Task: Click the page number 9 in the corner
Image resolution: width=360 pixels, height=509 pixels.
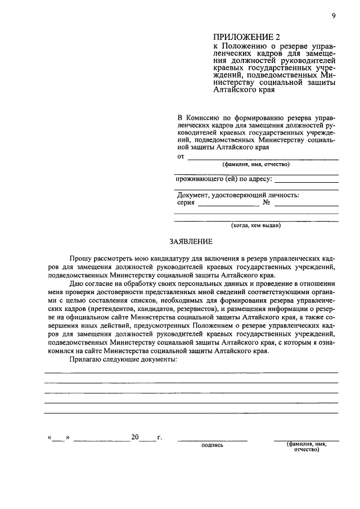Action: pos(334,16)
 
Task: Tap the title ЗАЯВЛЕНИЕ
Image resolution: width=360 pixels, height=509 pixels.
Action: pos(191,242)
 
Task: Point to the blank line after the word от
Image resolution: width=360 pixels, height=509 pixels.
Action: pos(262,159)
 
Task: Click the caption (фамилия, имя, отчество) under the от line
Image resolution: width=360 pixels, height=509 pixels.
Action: pos(256,165)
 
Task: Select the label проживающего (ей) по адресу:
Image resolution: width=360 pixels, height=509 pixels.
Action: pos(224,179)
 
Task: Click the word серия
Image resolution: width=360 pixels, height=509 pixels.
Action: pos(185,204)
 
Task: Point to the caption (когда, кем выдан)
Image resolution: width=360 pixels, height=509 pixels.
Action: pos(256,226)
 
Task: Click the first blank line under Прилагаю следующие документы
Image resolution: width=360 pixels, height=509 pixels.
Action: pos(191,372)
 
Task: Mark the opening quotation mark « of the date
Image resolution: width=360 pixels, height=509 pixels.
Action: pos(50,437)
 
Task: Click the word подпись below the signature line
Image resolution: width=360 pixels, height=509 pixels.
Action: pos(212,445)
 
